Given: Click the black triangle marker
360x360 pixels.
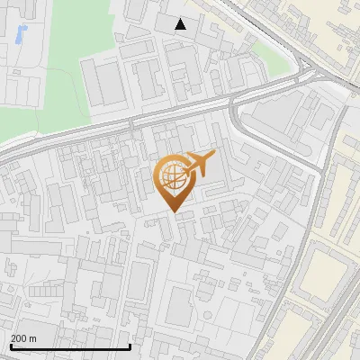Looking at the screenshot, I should pyautogui.click(x=181, y=24).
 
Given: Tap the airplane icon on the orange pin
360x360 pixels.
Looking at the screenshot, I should pyautogui.click(x=199, y=165).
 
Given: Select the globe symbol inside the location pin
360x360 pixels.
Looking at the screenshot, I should pyautogui.click(x=172, y=176).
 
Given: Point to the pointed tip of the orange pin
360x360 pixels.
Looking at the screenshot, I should pyautogui.click(x=174, y=212).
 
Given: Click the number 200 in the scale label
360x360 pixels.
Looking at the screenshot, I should pyautogui.click(x=20, y=338).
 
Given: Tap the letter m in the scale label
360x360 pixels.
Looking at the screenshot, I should pyautogui.click(x=34, y=338).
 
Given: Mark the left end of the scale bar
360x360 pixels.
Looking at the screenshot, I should pyautogui.click(x=10, y=346).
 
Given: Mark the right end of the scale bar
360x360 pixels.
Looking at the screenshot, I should pyautogui.click(x=130, y=346).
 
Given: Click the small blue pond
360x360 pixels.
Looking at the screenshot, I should pyautogui.click(x=21, y=35).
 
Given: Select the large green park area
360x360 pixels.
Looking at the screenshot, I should pyautogui.click(x=49, y=90).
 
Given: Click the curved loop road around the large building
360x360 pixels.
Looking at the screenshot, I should pyautogui.click(x=236, y=121).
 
